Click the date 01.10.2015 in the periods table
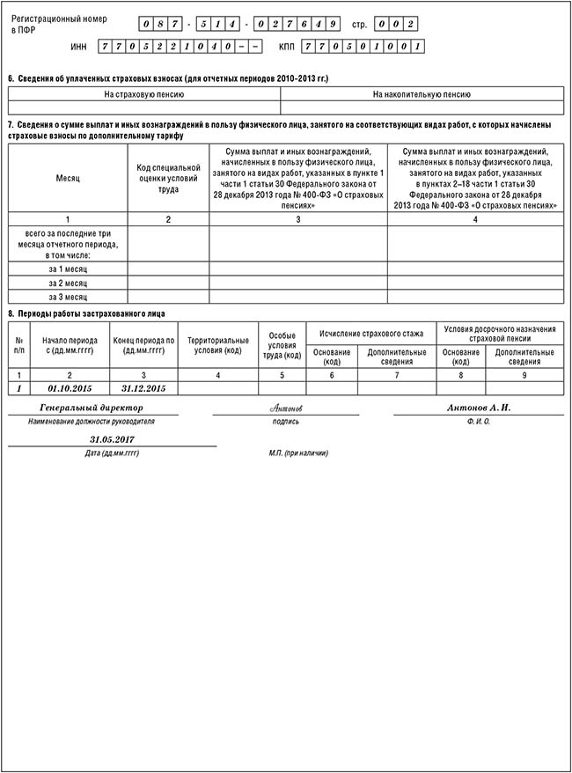pyautogui.click(x=70, y=388)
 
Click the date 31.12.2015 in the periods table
pyautogui.click(x=143, y=388)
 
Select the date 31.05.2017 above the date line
pyautogui.click(x=112, y=438)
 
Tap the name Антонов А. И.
pyautogui.click(x=479, y=409)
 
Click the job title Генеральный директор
pyautogui.click(x=92, y=409)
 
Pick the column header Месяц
pyautogui.click(x=68, y=178)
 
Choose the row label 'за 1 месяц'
pyautogui.click(x=68, y=269)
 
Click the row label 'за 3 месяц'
pyautogui.click(x=68, y=298)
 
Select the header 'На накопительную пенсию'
pyautogui.click(x=422, y=94)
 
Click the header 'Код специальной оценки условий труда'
pyautogui.click(x=168, y=178)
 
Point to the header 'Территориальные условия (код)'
pyautogui.click(x=218, y=346)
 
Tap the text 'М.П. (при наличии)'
pyautogui.click(x=298, y=453)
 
